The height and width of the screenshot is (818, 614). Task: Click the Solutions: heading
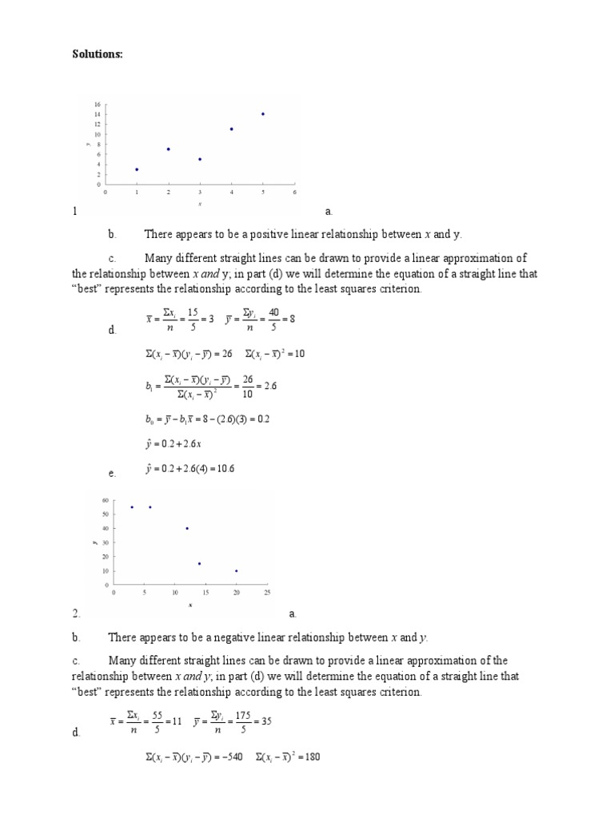pyautogui.click(x=94, y=54)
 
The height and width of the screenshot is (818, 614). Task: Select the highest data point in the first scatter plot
pyautogui.click(x=262, y=113)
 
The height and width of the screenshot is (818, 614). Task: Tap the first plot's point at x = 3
pyautogui.click(x=200, y=159)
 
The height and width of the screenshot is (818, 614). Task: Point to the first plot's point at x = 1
pyautogui.click(x=137, y=169)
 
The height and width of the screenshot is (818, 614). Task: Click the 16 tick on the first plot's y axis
pyautogui.click(x=97, y=105)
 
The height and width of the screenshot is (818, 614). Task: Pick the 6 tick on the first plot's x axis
pyautogui.click(x=294, y=193)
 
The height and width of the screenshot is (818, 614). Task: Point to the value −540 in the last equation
pyautogui.click(x=227, y=757)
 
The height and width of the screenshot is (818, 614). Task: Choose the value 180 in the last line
pyautogui.click(x=311, y=757)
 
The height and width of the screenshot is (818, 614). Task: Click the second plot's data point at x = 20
pyautogui.click(x=237, y=570)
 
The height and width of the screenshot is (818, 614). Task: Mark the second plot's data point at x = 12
pyautogui.click(x=187, y=528)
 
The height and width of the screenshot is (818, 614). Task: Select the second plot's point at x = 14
pyautogui.click(x=199, y=563)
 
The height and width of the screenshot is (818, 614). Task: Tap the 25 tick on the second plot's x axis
pyautogui.click(x=267, y=593)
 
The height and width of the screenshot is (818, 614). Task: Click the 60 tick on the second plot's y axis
pyautogui.click(x=106, y=500)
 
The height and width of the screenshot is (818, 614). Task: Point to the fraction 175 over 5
pyautogui.click(x=237, y=721)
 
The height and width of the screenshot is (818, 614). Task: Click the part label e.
pyautogui.click(x=112, y=474)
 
